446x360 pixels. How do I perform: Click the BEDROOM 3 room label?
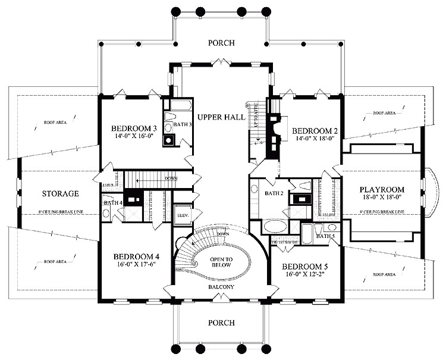(134, 127)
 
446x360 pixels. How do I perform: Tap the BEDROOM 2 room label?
(315, 130)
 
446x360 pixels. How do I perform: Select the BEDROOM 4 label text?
(137, 256)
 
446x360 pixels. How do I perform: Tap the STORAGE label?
(61, 194)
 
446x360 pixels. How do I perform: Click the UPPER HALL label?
(221, 118)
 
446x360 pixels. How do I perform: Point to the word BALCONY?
(221, 288)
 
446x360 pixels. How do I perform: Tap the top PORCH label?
(221, 43)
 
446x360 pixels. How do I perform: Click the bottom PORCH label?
(221, 323)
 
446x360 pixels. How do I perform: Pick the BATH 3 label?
(183, 124)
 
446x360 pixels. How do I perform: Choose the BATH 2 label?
(274, 193)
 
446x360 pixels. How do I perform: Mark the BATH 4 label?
(113, 203)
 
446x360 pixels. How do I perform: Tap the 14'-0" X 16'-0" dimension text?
(134, 136)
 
